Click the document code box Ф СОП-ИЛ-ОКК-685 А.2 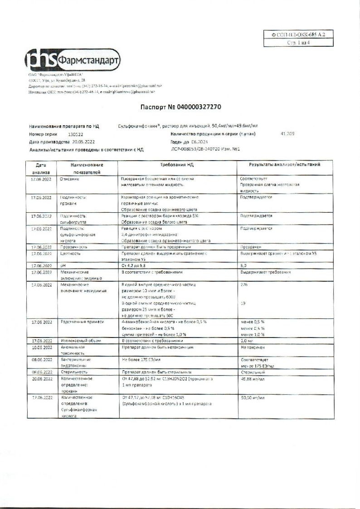(298, 34)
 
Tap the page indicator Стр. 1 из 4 (298, 43)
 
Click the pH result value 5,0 (243, 264)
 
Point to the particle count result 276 (244, 284)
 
